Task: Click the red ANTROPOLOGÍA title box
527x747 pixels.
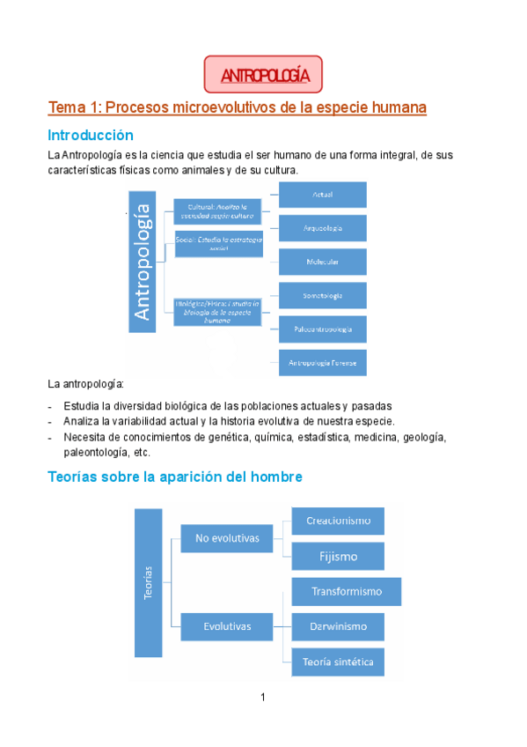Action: [263, 75]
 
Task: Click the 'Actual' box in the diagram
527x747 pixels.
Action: [322, 194]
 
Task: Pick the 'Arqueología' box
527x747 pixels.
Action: [322, 228]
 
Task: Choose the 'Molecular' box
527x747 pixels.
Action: [322, 262]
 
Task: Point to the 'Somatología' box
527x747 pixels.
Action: [322, 295]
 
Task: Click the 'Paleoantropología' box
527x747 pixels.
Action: [322, 329]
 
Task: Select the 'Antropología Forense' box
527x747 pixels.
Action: [322, 361]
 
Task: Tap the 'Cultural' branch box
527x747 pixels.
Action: [217, 210]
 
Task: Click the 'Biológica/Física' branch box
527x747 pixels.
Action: [217, 311]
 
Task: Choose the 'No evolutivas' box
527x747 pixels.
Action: [227, 537]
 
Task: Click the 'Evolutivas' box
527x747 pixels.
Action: [227, 626]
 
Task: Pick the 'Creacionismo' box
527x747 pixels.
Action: [338, 521]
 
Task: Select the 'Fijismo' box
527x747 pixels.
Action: [338, 556]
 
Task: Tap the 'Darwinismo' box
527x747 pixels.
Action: [338, 626]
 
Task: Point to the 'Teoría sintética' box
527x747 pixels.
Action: [338, 662]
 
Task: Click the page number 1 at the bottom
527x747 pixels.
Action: [263, 698]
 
